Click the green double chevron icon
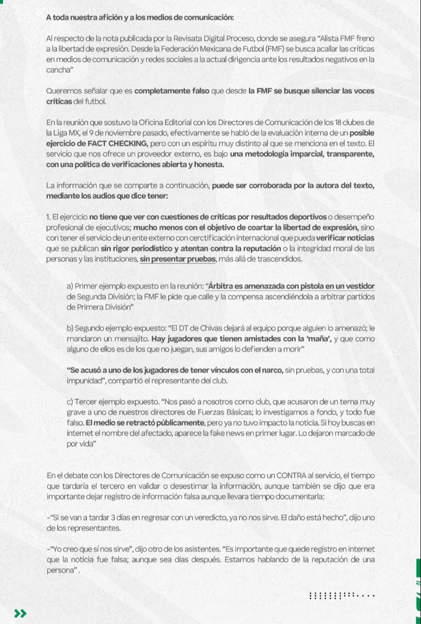coord(20,613)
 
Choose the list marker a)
coord(71,286)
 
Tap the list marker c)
coord(71,402)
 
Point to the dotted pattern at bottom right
coord(342,595)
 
